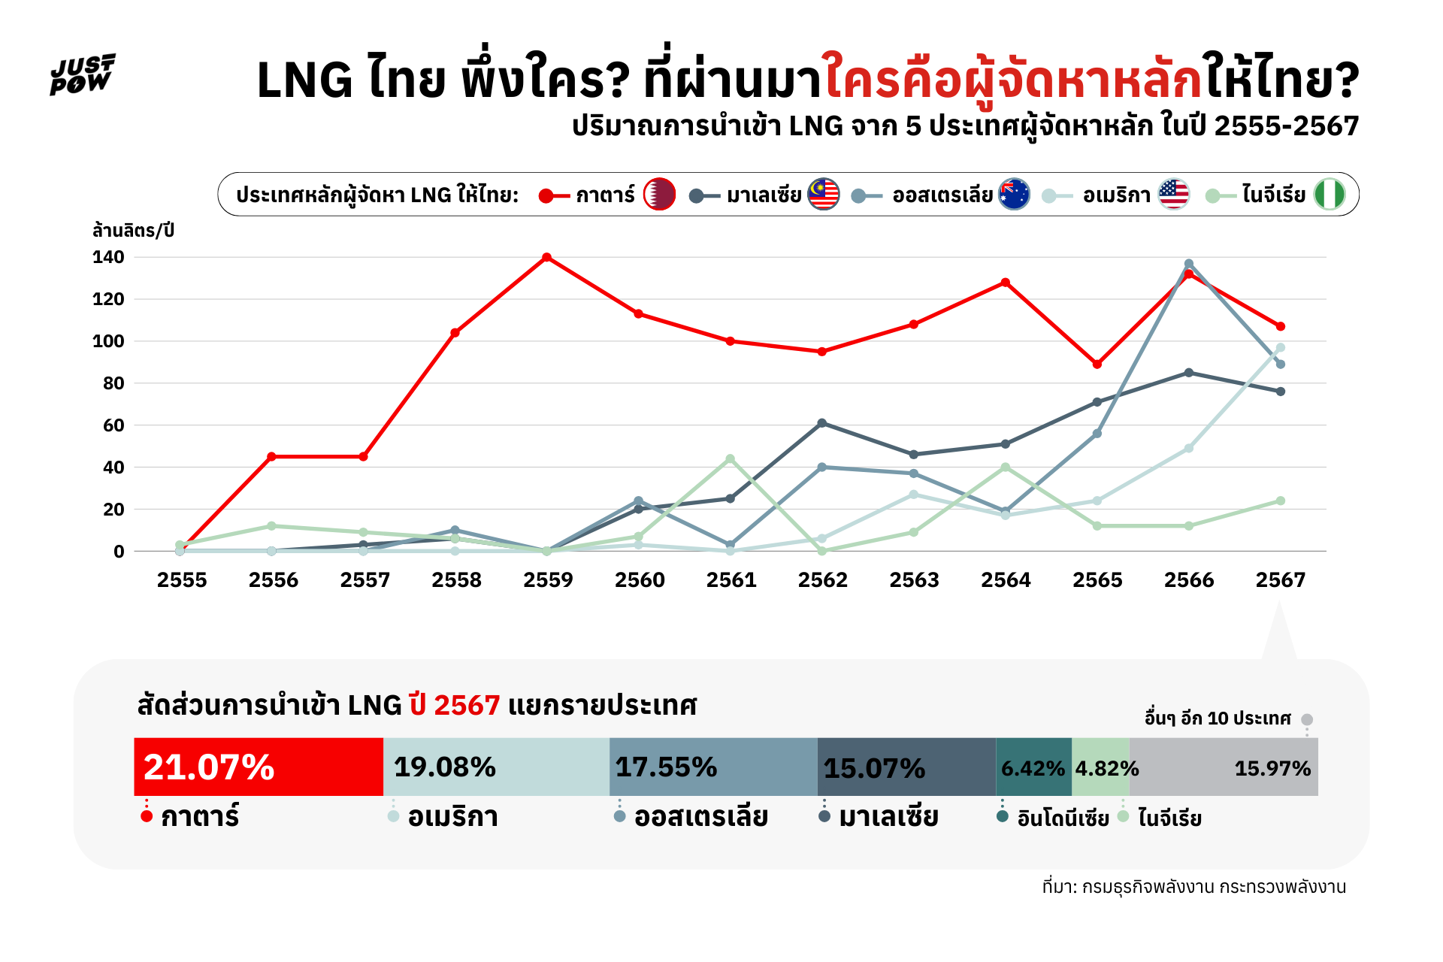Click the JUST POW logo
pyautogui.click(x=83, y=74)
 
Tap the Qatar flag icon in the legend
pyautogui.click(x=659, y=195)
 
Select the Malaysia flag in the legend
pyautogui.click(x=823, y=195)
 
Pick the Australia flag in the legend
pyautogui.click(x=1014, y=195)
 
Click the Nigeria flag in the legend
pyautogui.click(x=1329, y=195)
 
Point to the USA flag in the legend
pyautogui.click(x=1173, y=195)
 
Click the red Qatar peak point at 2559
pyautogui.click(x=547, y=258)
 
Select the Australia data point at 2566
pyautogui.click(x=1189, y=264)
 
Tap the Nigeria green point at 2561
pyautogui.click(x=730, y=458)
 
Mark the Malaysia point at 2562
pyautogui.click(x=821, y=423)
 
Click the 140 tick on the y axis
pyautogui.click(x=108, y=257)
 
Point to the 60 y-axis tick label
pyautogui.click(x=108, y=425)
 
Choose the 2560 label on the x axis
pyautogui.click(x=640, y=580)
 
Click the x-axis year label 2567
pyautogui.click(x=1281, y=580)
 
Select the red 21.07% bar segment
pyautogui.click(x=259, y=767)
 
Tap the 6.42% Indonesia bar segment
pyautogui.click(x=1033, y=767)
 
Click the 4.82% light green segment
pyautogui.click(x=1100, y=767)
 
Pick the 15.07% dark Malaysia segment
pyautogui.click(x=906, y=767)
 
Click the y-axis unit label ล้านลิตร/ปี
pyautogui.click(x=133, y=230)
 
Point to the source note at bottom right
pyautogui.click(x=1193, y=887)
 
